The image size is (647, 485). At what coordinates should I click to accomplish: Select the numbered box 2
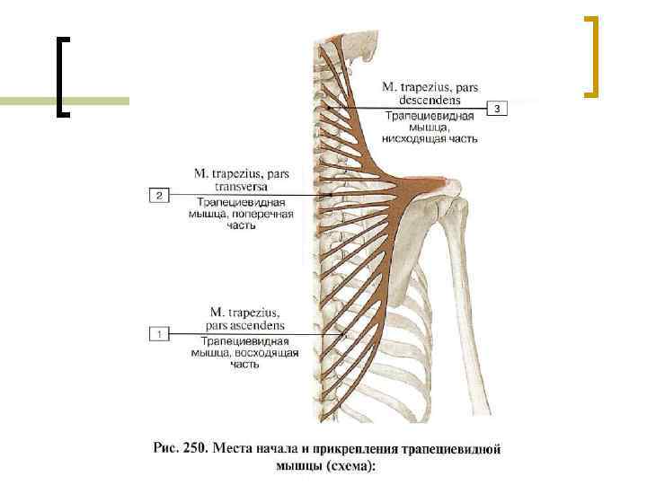click(x=158, y=194)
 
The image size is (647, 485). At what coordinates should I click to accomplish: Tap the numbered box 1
click(x=158, y=334)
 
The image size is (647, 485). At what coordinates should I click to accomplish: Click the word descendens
click(x=430, y=101)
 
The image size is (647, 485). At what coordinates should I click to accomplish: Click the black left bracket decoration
click(x=62, y=77)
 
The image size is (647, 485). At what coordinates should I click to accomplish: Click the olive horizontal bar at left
click(x=27, y=101)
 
